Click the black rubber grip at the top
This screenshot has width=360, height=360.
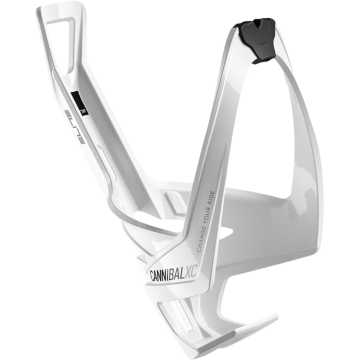click(256, 40)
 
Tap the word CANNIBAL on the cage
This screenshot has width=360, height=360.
click(167, 274)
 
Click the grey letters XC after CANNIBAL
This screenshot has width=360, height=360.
click(191, 272)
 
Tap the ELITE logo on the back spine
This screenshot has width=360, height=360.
click(75, 127)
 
